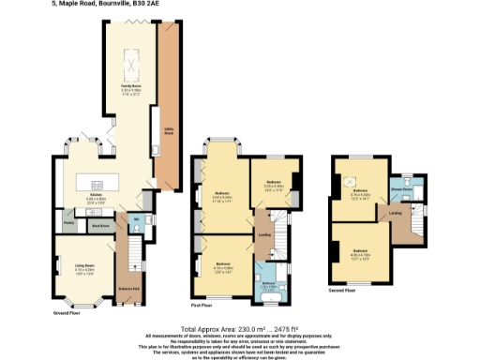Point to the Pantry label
coord(69,223)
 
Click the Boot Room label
coord(96,225)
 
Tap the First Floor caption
coord(202,305)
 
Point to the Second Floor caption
coord(342,292)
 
